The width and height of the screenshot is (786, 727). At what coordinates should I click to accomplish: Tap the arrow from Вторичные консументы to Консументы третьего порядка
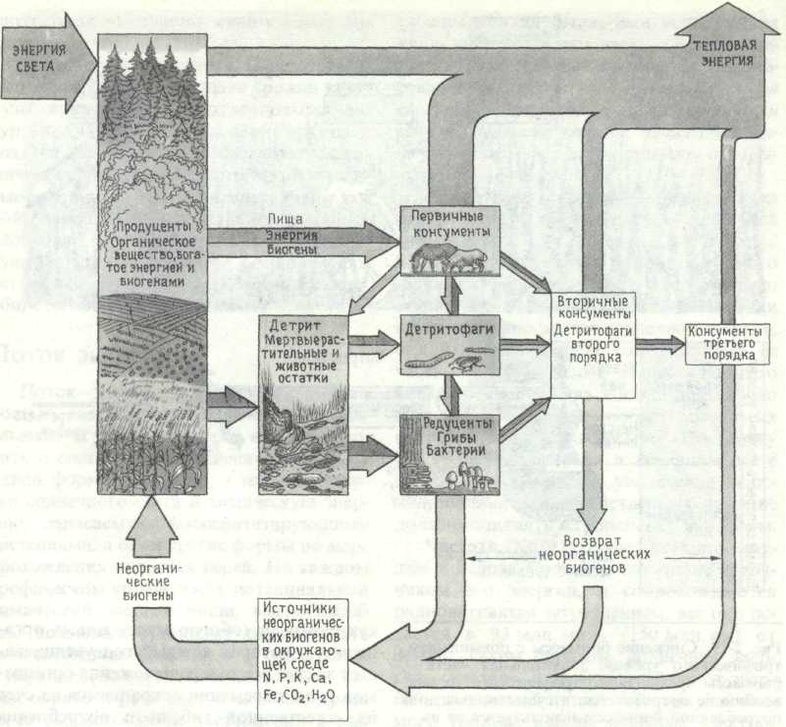[661, 344]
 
